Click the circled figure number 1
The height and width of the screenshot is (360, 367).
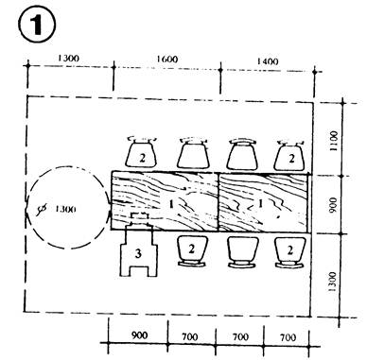pyautogui.click(x=37, y=26)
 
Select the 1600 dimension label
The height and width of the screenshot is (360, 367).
pyautogui.click(x=166, y=60)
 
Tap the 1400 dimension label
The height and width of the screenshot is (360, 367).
pyautogui.click(x=268, y=61)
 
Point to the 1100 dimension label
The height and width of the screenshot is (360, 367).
pyautogui.click(x=333, y=141)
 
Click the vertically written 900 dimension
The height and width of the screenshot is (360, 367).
pyautogui.click(x=332, y=205)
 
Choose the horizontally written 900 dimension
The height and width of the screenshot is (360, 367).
pyautogui.click(x=139, y=334)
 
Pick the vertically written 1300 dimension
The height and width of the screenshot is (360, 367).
pyautogui.click(x=332, y=282)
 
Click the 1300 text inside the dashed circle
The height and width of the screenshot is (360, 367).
pyautogui.click(x=65, y=209)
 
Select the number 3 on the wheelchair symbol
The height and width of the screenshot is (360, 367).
pyautogui.click(x=138, y=253)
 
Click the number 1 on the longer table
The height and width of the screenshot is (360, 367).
pyautogui.click(x=171, y=205)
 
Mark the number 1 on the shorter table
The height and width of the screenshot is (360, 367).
pyautogui.click(x=260, y=204)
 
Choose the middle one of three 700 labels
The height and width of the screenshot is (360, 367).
pyautogui.click(x=240, y=337)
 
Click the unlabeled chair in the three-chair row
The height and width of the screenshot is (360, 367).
pyautogui.click(x=242, y=252)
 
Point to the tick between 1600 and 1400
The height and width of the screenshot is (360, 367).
pyautogui.click(x=220, y=70)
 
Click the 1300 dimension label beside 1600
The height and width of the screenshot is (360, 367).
pyautogui.click(x=68, y=59)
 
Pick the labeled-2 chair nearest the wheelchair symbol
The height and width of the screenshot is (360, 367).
pyautogui.click(x=192, y=252)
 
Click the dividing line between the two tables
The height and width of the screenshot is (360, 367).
pyautogui.click(x=218, y=201)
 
